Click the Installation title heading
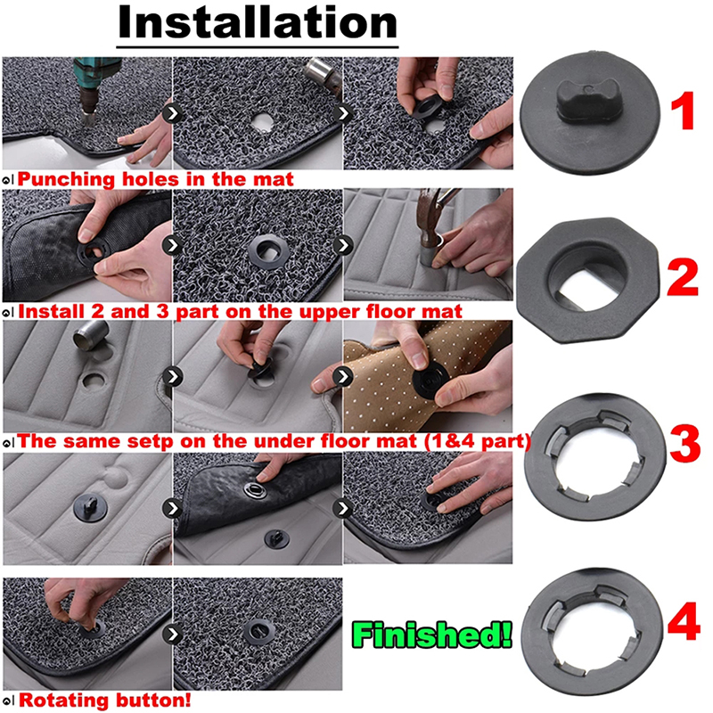click(258, 23)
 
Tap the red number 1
click(683, 111)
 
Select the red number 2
click(682, 277)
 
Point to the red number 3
click(684, 444)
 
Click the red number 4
click(684, 620)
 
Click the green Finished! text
click(432, 635)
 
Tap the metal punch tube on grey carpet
click(91, 334)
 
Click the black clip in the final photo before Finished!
click(258, 632)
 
